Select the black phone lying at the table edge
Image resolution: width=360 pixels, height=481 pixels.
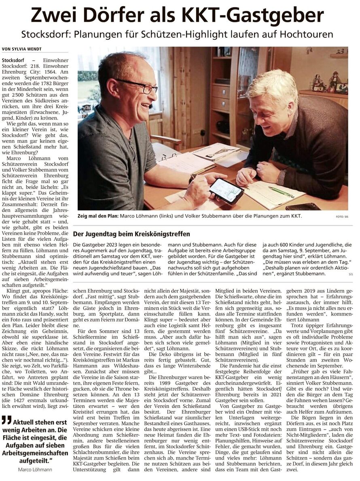point(303,206)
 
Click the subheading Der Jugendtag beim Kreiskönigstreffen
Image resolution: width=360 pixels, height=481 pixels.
point(131,234)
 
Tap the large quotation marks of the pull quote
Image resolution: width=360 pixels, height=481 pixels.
point(6,419)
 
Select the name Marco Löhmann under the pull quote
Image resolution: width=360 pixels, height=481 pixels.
point(35,469)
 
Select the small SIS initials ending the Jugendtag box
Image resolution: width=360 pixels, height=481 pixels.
point(350,274)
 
